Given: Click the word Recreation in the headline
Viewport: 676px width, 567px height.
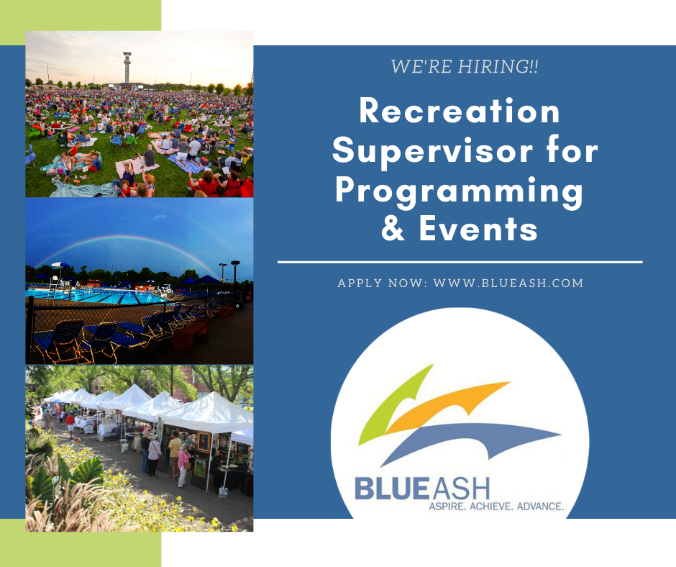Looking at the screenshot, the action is (x=460, y=111).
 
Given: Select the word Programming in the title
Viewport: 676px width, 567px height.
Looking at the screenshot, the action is (x=459, y=192).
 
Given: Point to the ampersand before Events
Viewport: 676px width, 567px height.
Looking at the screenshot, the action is (x=393, y=228).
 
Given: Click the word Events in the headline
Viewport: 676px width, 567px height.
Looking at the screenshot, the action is (x=478, y=228).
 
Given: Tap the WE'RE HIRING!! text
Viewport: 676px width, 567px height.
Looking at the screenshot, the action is (x=465, y=67).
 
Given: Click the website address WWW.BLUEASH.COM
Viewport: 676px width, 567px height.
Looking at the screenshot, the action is (x=508, y=283).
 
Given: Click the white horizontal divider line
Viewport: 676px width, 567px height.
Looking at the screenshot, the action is (x=460, y=262).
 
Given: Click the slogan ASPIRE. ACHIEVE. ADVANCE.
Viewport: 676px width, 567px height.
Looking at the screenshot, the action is (x=496, y=506).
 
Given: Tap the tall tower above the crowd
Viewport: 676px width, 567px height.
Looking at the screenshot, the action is (x=127, y=68).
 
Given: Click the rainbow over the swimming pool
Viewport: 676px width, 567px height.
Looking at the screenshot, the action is (x=125, y=237).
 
